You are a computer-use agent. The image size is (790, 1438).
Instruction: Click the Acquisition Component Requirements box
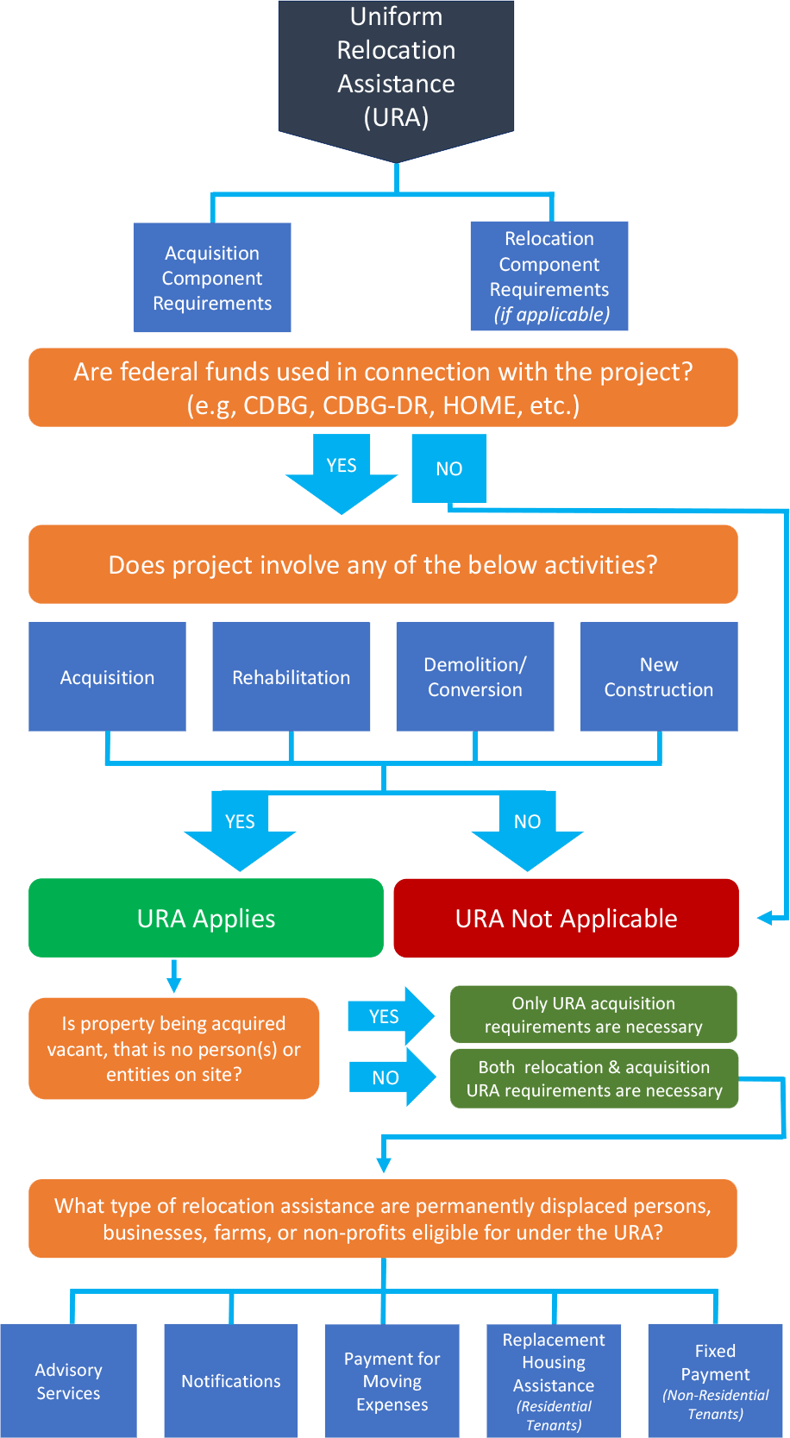pos(212,278)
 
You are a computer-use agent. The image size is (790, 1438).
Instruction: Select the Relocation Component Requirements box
pos(549,276)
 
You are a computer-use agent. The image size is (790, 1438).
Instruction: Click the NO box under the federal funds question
pos(449,468)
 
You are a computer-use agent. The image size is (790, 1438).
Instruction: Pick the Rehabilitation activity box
pos(292,677)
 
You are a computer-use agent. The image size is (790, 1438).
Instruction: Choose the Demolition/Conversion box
pos(475,677)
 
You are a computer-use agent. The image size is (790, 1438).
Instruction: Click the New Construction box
pos(659,677)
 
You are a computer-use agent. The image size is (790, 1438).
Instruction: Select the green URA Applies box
pos(206,919)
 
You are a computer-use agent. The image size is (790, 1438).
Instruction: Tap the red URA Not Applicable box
pos(566,919)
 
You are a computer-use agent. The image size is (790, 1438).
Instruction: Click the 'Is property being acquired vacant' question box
pos(174,1049)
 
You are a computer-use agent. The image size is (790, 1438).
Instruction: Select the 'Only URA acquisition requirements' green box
pos(593,1014)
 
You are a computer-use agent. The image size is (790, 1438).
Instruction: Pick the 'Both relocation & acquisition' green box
pos(594,1079)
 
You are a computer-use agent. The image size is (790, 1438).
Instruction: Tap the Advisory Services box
pos(68,1381)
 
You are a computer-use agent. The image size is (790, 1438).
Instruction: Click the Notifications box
pos(231,1381)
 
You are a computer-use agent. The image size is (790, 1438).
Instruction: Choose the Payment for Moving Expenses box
pos(392,1381)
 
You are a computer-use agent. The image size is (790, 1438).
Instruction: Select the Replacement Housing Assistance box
pos(554,1381)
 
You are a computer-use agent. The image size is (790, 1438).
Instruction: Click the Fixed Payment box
pos(715,1381)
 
